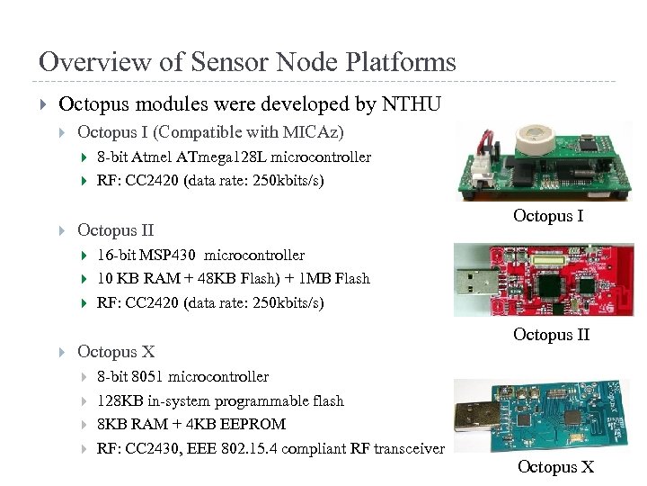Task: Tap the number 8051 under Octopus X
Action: pos(144,377)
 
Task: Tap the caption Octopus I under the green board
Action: pos(548,216)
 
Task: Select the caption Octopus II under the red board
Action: pos(551,335)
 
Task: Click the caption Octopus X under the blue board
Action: pos(555,467)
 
